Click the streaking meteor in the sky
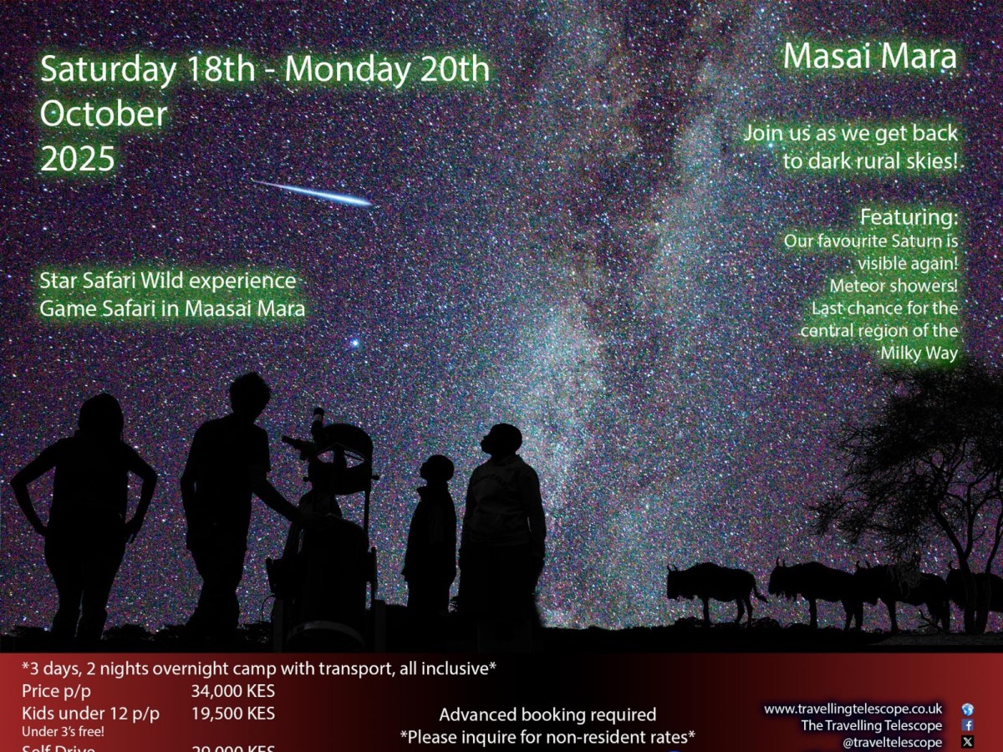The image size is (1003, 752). pos(314,193)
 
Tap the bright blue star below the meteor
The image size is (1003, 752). pos(354,343)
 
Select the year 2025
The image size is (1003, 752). pos(78,159)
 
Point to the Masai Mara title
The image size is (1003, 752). pos(869,56)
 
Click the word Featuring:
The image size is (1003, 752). pos(909,217)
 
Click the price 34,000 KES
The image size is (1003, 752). pos(233,691)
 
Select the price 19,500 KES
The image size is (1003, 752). pos(233,714)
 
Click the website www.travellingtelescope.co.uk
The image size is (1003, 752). pos(853,709)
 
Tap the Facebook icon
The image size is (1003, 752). pos(968,725)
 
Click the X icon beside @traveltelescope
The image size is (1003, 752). pos(968,741)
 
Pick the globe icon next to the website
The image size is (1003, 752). pos(968,709)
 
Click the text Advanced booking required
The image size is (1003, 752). pos(547,714)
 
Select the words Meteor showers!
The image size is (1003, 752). pos(894,286)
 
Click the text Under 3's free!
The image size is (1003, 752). pos(58,732)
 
